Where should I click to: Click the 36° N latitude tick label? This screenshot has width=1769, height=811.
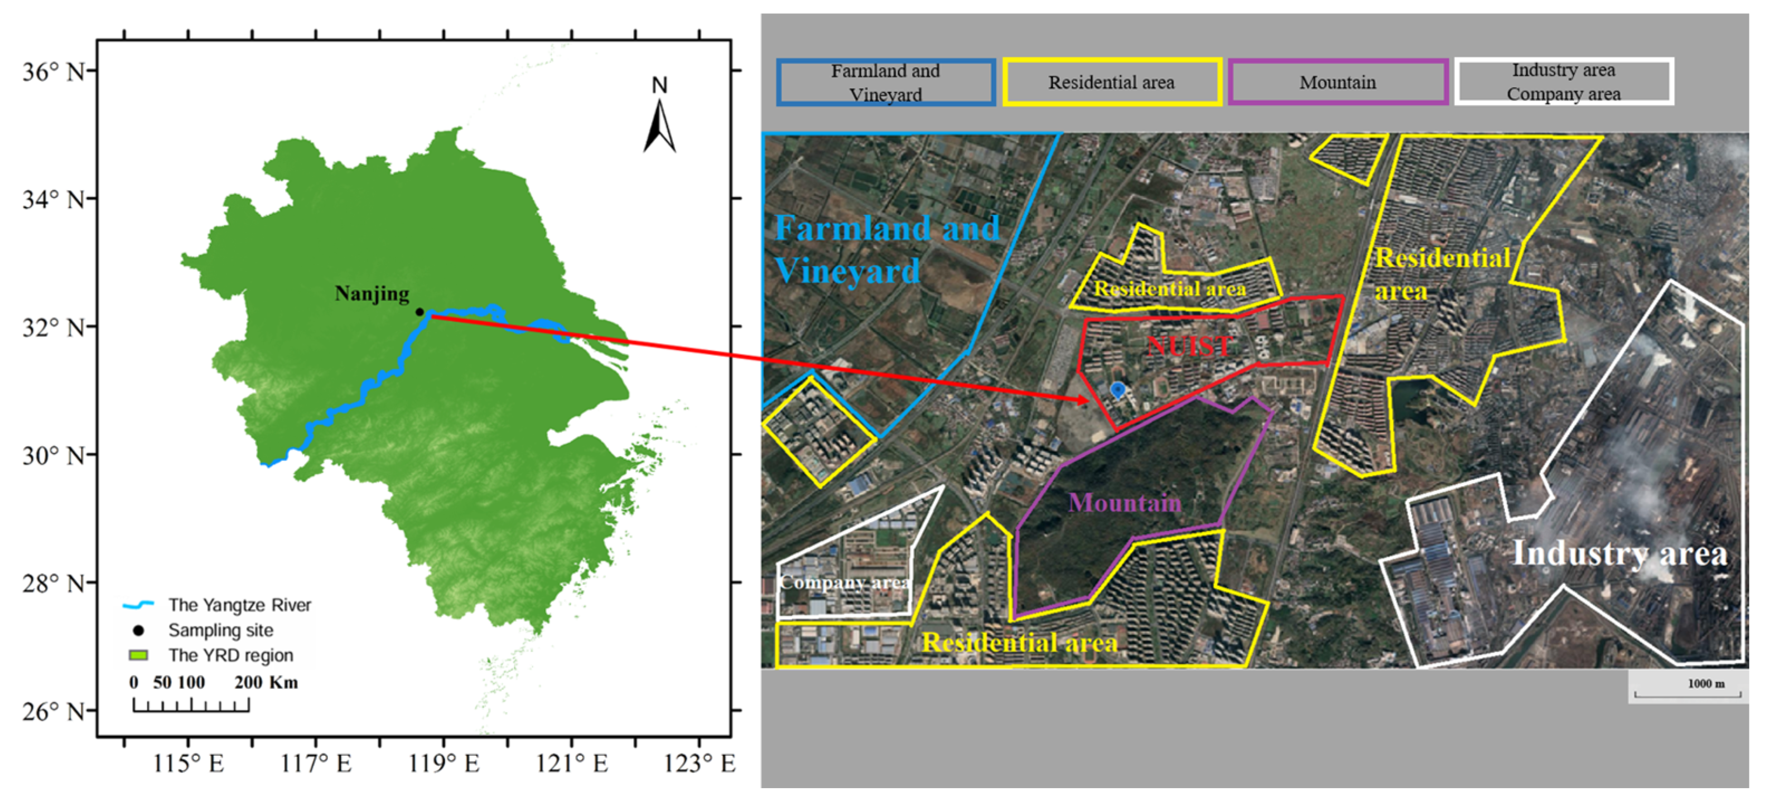click(54, 71)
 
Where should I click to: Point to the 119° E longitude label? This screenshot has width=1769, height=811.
click(444, 763)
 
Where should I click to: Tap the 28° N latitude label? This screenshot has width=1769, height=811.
click(54, 583)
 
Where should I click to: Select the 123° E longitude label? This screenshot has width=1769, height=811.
click(699, 763)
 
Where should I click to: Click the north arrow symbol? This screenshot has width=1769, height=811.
click(659, 124)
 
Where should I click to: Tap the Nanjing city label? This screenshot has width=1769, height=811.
click(372, 294)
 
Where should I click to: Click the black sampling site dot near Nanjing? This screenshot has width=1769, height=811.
click(420, 312)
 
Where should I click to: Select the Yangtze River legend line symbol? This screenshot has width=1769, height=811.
click(138, 605)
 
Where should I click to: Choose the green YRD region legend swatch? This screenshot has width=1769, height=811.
click(138, 655)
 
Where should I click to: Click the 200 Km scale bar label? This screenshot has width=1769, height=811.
click(266, 683)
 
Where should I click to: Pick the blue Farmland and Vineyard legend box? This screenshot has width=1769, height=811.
click(885, 83)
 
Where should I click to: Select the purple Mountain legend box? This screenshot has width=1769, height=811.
click(1337, 83)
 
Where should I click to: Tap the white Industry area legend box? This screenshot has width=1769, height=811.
click(1563, 82)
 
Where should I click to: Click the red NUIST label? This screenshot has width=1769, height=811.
click(1189, 345)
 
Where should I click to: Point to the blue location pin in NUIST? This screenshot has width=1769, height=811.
click(1117, 390)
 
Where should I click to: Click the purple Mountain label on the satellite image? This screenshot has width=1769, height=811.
click(1124, 503)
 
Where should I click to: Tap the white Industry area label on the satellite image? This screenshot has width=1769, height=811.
click(1619, 553)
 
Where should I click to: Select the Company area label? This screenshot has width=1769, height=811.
click(845, 582)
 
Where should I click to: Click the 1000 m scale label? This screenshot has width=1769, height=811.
click(1706, 684)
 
